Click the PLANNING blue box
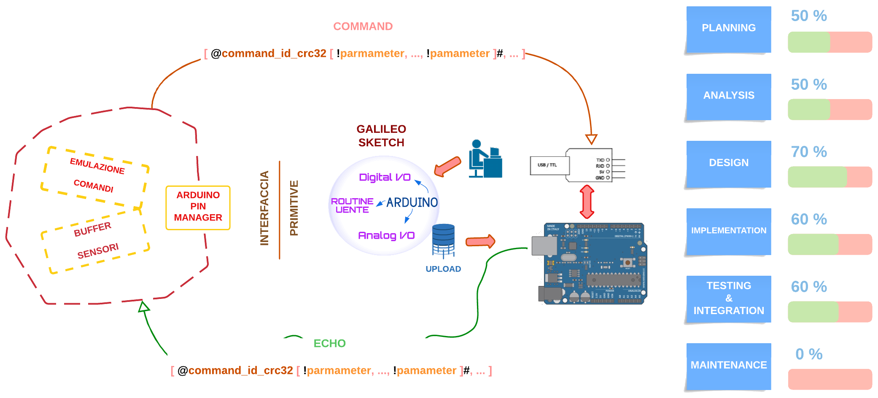coord(728,29)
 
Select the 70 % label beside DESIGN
coord(808,152)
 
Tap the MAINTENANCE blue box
coord(728,366)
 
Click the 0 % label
coord(808,354)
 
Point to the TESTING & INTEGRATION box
coord(728,298)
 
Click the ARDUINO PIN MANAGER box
coord(198,207)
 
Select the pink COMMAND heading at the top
coord(363,27)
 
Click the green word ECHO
coord(329,344)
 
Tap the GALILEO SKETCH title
coord(381,136)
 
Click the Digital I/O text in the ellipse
coord(385,177)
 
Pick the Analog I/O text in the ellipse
coord(386,235)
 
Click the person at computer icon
coord(485,159)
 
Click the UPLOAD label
coord(443,269)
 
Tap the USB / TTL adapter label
coord(548,165)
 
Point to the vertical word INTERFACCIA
coord(264,208)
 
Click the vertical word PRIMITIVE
coord(294,208)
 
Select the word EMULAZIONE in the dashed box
coord(97,166)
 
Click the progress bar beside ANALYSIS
coord(829,110)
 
